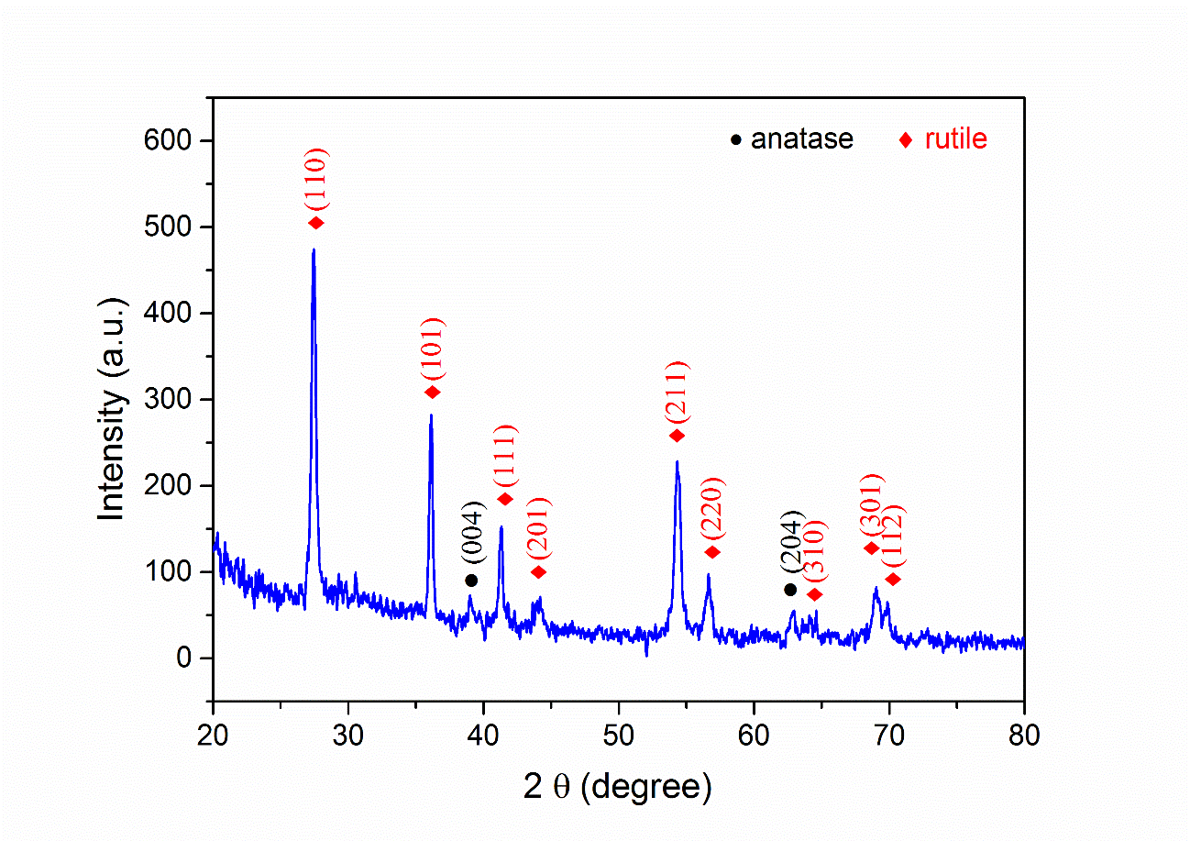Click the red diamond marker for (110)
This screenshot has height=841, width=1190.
316,223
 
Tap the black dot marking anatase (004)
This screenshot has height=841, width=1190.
471,580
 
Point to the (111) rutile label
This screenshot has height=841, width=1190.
505,456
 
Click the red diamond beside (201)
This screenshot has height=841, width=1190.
539,572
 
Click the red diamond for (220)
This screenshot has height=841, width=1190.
712,552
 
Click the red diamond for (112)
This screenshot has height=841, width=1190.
894,579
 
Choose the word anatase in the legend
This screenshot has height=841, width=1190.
802,139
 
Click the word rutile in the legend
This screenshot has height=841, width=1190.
955,139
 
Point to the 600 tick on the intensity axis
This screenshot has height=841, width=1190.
171,140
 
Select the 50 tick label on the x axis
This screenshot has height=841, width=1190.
619,735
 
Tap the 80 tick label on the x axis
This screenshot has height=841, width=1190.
1024,735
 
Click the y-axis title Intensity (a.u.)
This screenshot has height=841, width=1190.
112,409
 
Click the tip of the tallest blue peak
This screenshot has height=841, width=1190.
314,249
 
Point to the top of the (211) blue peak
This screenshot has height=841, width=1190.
677,461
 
